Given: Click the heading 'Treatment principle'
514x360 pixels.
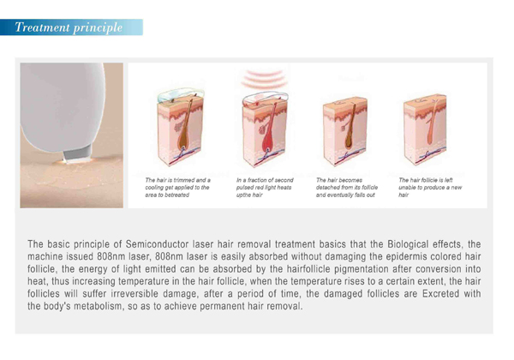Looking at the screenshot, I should pos(69,27).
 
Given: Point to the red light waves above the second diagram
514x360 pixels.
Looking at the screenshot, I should pos(262,80).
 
